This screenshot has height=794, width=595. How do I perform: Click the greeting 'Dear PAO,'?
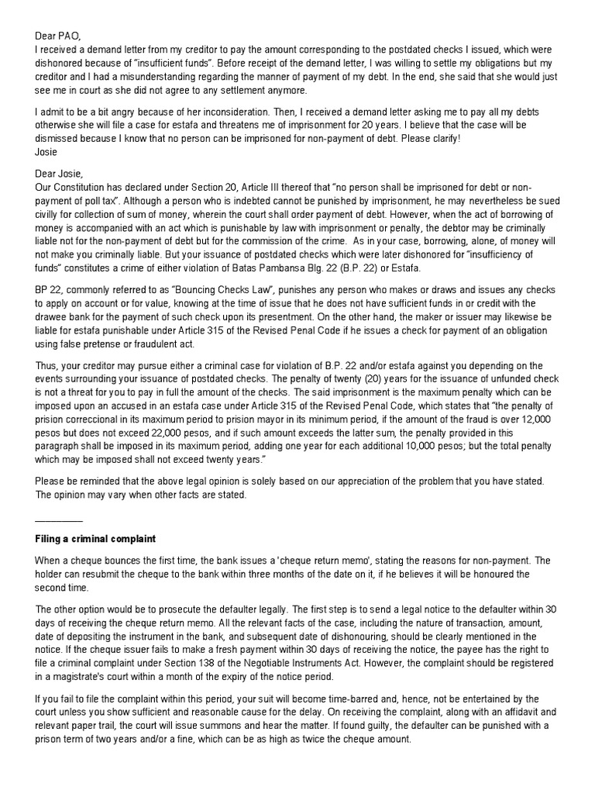coord(59,35)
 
